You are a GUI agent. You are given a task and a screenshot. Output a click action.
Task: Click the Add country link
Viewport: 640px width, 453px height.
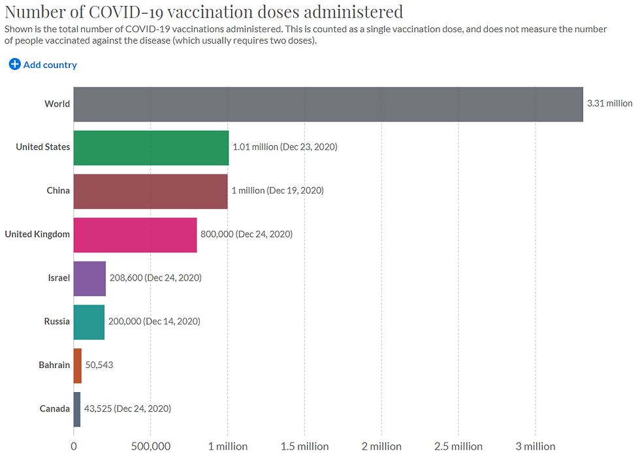click(x=50, y=65)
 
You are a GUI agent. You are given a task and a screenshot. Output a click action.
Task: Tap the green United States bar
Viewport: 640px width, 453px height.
click(x=151, y=148)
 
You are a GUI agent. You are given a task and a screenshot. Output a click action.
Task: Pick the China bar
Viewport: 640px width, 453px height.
click(x=150, y=191)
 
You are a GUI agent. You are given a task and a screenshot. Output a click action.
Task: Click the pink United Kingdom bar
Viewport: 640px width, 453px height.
click(x=135, y=235)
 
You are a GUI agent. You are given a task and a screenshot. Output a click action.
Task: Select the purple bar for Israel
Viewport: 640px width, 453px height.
click(x=89, y=278)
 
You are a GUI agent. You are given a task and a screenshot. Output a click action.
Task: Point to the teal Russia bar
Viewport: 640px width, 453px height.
click(x=89, y=322)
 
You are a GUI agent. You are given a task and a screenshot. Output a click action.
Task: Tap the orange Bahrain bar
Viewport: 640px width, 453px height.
click(x=78, y=365)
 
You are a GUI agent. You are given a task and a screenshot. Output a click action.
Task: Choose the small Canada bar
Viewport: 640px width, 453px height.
click(x=77, y=409)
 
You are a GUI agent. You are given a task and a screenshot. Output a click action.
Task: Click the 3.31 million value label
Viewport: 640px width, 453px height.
click(x=609, y=103)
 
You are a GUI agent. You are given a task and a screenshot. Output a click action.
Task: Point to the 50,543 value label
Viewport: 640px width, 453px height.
click(x=99, y=365)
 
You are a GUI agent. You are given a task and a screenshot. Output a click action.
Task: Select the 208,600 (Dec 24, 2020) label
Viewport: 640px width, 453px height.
click(x=155, y=278)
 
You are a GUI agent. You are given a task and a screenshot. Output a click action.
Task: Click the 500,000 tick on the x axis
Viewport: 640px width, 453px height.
click(x=151, y=446)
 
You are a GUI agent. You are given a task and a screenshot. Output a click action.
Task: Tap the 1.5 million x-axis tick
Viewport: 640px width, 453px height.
click(x=304, y=446)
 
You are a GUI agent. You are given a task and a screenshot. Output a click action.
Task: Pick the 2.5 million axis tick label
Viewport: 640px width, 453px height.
click(x=458, y=446)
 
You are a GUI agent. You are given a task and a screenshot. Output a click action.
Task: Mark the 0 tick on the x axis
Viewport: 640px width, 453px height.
click(x=74, y=446)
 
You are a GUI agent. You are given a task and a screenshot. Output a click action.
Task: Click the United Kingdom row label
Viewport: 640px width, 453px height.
click(x=37, y=234)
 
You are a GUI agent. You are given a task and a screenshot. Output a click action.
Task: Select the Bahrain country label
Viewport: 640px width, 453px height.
click(x=54, y=365)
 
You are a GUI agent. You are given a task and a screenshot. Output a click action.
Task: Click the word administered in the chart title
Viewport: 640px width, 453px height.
click(x=352, y=12)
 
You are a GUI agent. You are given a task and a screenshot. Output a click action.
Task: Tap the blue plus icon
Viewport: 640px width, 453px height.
click(x=14, y=64)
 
